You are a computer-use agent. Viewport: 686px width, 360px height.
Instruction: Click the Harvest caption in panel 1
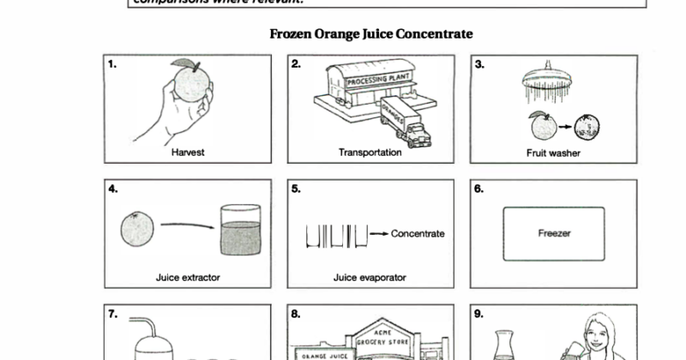coord(188,153)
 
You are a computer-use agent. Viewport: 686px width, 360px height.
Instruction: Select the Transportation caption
coord(370,153)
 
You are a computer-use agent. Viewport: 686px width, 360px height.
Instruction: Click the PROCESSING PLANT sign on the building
coord(378,80)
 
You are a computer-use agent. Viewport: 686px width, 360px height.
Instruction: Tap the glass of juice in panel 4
coord(241,232)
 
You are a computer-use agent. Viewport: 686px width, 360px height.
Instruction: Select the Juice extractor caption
coord(188,278)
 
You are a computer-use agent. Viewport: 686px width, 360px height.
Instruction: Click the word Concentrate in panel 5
coord(418,233)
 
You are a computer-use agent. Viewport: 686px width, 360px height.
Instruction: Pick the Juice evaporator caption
coord(370,278)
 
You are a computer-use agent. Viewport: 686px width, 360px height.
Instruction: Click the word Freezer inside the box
coord(554,232)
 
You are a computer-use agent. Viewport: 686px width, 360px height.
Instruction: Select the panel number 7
coord(113,314)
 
